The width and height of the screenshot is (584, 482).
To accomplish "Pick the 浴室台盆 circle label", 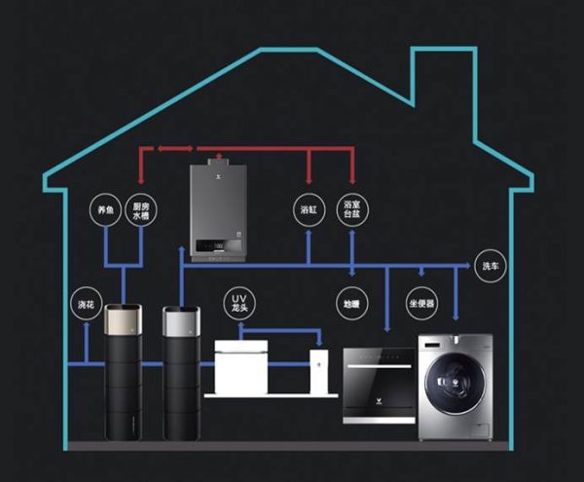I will point(352,209).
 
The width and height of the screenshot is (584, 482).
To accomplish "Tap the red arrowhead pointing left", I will point(143,149).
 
